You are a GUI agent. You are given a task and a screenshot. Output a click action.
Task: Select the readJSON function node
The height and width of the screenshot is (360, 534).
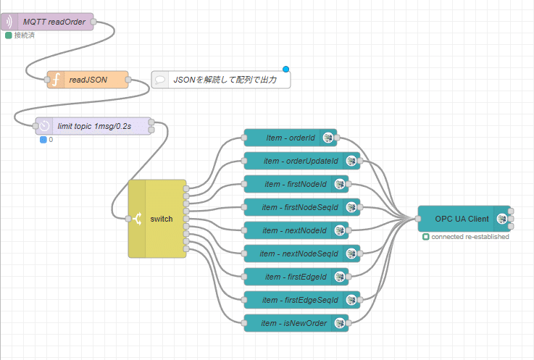88,80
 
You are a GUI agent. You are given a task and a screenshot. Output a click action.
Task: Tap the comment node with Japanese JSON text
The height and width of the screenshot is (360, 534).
221,80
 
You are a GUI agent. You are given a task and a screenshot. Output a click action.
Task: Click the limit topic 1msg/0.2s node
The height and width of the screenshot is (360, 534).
95,125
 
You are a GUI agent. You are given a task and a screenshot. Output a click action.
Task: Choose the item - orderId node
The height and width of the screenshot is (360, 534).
290,138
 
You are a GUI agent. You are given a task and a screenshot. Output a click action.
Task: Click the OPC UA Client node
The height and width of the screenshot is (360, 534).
462,218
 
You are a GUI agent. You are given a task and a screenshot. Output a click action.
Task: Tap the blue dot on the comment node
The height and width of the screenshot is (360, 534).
285,70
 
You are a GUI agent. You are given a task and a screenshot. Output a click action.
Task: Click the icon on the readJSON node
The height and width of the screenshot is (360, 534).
54,80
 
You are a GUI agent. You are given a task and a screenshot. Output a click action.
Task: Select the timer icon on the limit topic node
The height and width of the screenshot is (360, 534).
43,125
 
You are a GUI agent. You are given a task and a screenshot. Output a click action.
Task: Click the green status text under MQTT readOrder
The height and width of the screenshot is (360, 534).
24,35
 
